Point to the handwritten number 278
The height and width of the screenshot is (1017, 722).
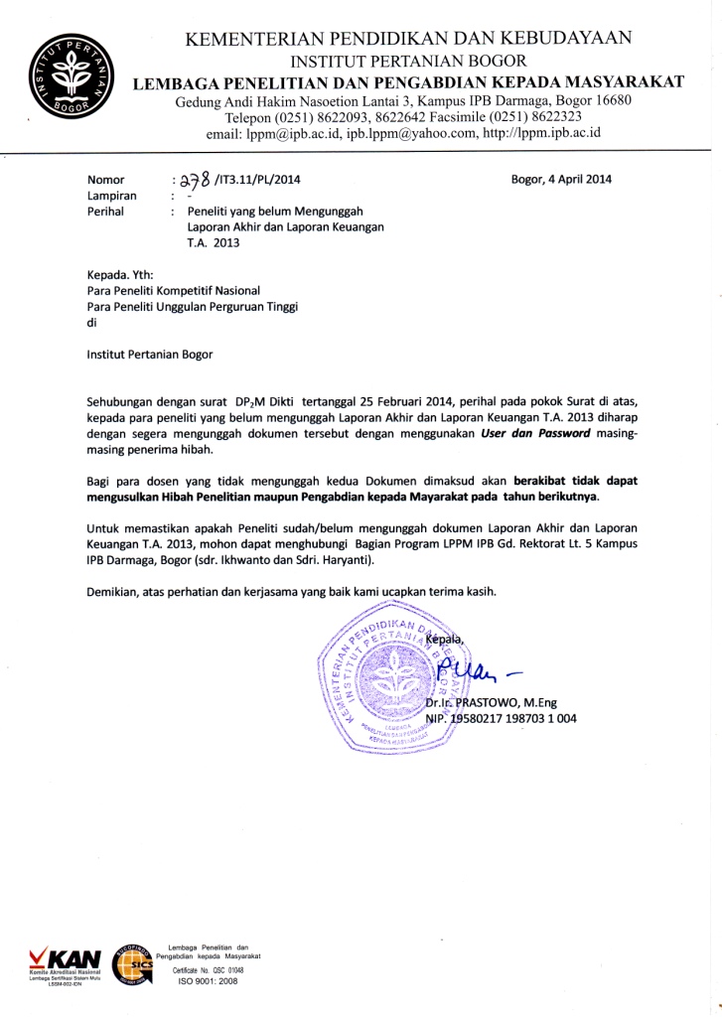coord(194,179)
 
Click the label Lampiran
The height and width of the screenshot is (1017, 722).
coord(111,196)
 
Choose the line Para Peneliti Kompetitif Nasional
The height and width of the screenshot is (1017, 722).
coord(174,290)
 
